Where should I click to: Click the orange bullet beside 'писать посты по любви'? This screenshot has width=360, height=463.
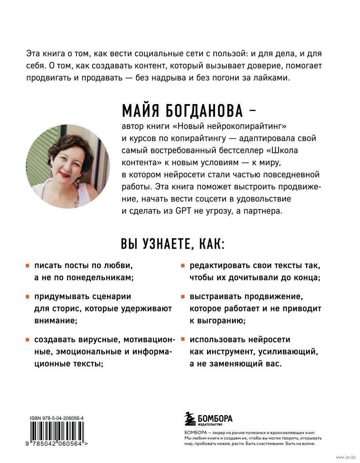pos(27,266)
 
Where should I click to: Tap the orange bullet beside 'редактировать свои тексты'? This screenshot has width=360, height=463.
pos(182,266)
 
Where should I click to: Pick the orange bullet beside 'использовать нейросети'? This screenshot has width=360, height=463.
pos(182,340)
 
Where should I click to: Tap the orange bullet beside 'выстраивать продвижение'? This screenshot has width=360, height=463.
pos(182,297)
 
